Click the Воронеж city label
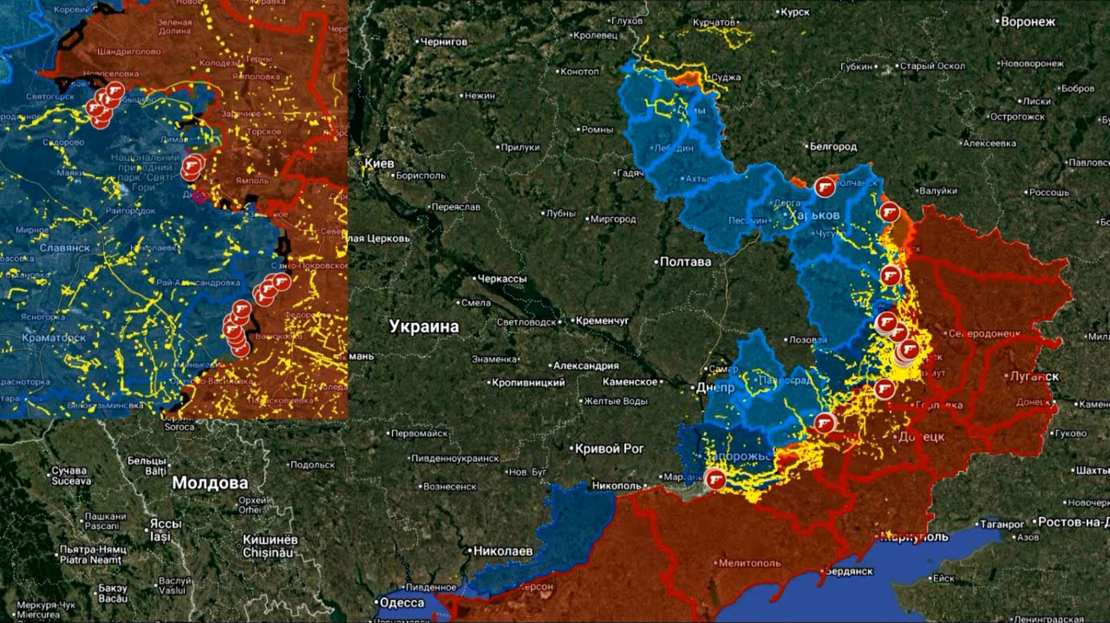[x=1028, y=22]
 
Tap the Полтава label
[x=685, y=262]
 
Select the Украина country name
[x=424, y=327]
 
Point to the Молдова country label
[x=210, y=483]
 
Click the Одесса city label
[x=402, y=603]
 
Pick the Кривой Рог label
[x=609, y=448]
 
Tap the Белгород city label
[x=833, y=147]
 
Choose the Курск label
[x=795, y=12]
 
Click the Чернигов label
[x=443, y=42]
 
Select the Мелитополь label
[x=749, y=563]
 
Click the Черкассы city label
[x=502, y=279]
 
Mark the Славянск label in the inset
[x=65, y=248]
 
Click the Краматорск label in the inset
[x=53, y=338]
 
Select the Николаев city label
[x=502, y=551]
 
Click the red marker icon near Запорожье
[x=716, y=479]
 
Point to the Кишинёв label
[x=270, y=540]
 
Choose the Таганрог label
[x=1002, y=525]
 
